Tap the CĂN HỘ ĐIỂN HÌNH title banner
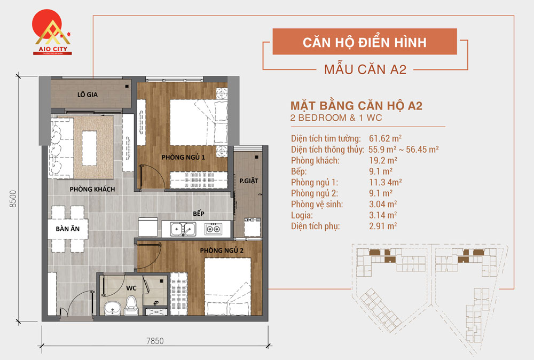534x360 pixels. pos(365,42)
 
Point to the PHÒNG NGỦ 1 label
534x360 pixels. pos(183,158)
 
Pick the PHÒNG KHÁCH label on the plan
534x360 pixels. pos(92,189)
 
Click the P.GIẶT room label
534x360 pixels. pos(248,181)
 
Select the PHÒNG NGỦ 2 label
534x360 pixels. pos(222,251)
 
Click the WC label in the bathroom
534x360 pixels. pos(132,288)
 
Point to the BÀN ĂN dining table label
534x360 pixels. pos(67,230)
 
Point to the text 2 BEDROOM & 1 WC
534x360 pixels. pos(337,118)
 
